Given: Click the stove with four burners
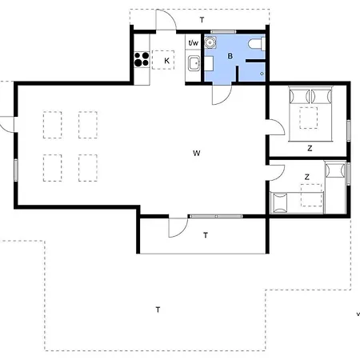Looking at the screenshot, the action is [142, 59].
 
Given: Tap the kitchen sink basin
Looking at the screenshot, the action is [194, 63].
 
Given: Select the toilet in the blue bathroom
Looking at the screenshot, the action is [257, 44].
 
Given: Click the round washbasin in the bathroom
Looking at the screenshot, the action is [210, 42].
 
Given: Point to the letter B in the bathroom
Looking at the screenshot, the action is [230, 56].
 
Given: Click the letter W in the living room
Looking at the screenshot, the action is [197, 153].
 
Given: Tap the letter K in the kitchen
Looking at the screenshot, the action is [166, 61].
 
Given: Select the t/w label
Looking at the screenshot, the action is [194, 42].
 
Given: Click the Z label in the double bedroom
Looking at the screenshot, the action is [310, 148].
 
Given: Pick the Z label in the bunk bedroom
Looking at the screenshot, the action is [307, 177].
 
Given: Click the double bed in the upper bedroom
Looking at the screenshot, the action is [310, 114].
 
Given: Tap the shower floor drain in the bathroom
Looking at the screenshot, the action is [262, 74].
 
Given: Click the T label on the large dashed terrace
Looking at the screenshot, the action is [158, 310].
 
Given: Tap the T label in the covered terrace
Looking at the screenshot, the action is [206, 235].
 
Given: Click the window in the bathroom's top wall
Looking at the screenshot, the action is [223, 32].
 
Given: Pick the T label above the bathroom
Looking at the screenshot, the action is [202, 20].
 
